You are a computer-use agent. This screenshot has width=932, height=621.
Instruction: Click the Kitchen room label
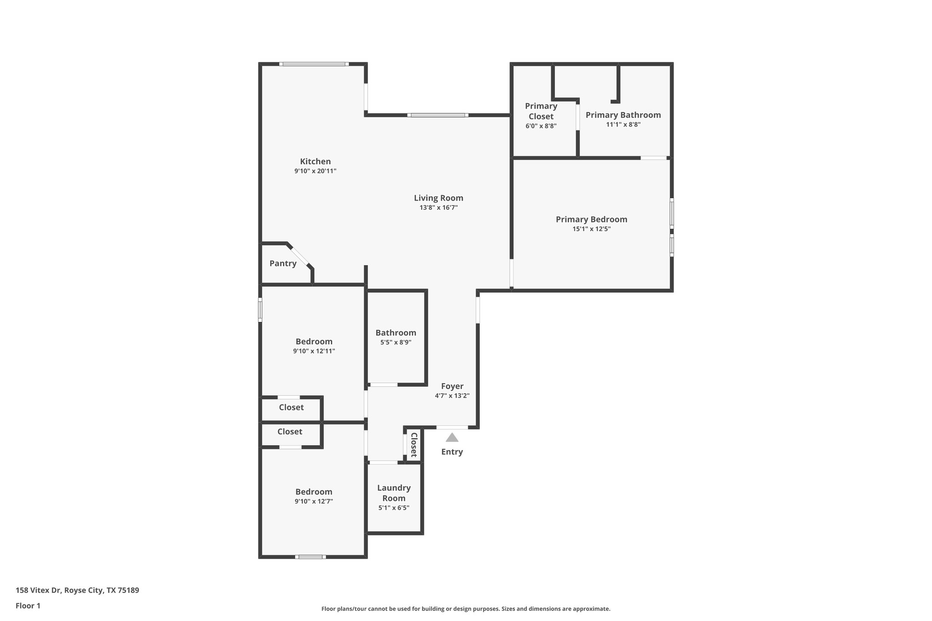(315, 162)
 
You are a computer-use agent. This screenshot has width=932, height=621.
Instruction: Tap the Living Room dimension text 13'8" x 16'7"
(438, 207)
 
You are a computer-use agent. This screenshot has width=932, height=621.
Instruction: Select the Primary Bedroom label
(591, 219)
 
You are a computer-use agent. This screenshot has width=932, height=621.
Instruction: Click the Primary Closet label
(541, 111)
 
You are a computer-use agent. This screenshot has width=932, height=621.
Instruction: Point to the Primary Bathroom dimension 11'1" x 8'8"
(623, 125)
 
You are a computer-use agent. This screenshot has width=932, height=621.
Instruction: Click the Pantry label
(283, 263)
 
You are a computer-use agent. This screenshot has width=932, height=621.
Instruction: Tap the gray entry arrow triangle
(451, 438)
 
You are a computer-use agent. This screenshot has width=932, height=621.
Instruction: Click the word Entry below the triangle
(451, 452)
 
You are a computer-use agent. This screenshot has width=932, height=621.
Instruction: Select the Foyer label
(452, 386)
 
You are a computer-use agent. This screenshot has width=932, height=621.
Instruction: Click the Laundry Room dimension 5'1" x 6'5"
(394, 508)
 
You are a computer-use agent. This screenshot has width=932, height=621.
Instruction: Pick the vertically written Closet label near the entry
(414, 445)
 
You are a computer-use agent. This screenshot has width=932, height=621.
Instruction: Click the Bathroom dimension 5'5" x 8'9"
(395, 343)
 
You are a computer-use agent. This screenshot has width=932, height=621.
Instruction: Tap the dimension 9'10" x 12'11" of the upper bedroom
(314, 351)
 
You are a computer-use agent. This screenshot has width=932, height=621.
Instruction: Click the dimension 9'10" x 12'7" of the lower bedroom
(314, 501)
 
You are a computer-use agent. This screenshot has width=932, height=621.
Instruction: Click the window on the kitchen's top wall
(314, 64)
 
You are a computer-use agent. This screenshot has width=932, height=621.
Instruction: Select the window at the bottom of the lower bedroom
(310, 557)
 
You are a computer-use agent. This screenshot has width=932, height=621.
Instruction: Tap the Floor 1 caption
(28, 606)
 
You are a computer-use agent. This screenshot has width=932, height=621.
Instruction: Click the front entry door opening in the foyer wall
(452, 427)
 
